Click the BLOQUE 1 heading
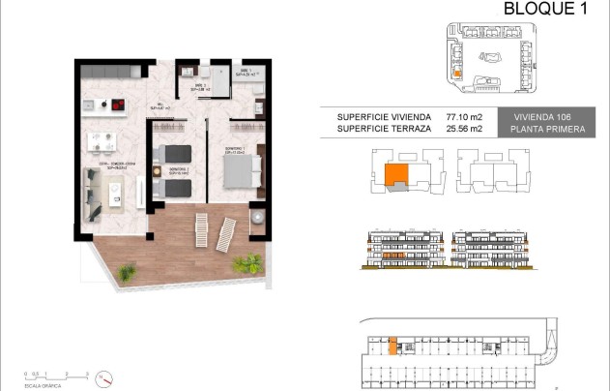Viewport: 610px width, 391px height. click(546, 10)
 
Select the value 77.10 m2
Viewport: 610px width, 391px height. click(463, 116)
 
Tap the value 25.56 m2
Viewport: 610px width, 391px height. click(463, 129)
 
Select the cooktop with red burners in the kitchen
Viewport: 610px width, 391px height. click(118, 105)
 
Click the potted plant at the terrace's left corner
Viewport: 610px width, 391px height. click(127, 273)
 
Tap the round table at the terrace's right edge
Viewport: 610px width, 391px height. click(258, 219)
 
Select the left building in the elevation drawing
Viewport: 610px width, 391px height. click(402, 250)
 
